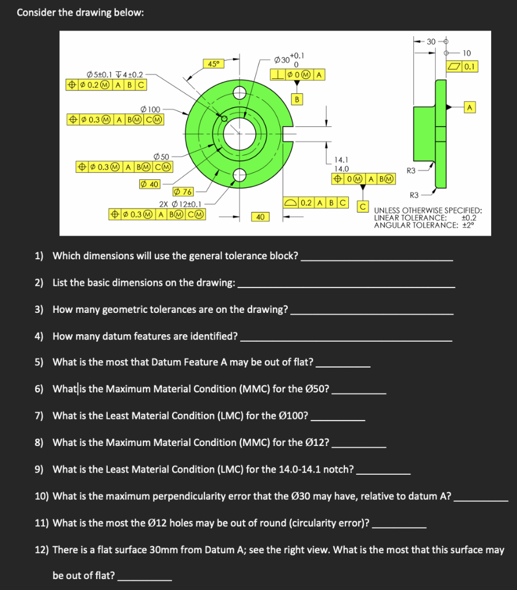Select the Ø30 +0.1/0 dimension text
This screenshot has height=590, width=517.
(293, 59)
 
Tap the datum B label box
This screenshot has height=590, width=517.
(297, 100)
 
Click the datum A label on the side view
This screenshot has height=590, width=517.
(470, 107)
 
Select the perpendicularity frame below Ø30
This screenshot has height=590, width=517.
(298, 74)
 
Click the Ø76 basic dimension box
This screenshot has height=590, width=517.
(184, 192)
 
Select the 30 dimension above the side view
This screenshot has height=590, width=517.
(432, 41)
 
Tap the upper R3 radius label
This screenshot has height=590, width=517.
(412, 171)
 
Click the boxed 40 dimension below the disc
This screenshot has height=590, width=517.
(260, 217)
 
